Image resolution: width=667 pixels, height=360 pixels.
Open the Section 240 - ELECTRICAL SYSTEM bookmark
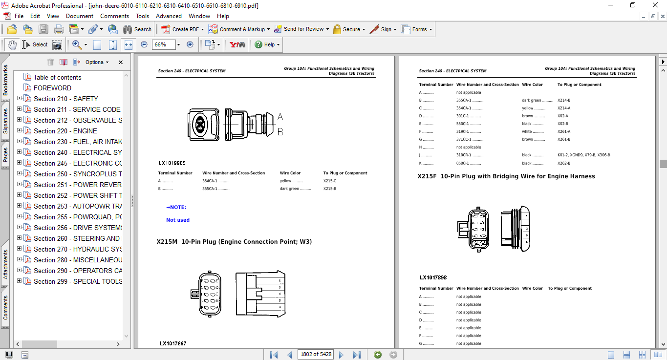pyautogui.click(x=78, y=152)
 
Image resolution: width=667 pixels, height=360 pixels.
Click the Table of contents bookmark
pyautogui.click(x=57, y=77)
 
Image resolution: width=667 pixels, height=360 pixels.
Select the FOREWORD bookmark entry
pyautogui.click(x=52, y=88)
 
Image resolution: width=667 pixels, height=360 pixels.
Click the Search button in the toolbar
pyautogui.click(x=137, y=29)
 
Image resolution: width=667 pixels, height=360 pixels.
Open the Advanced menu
pyautogui.click(x=169, y=16)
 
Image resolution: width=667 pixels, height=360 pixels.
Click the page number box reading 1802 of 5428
pyautogui.click(x=315, y=354)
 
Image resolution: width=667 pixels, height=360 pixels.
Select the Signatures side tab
pyautogui.click(x=5, y=121)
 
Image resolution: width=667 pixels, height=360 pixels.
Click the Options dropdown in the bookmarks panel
pyautogui.click(x=94, y=62)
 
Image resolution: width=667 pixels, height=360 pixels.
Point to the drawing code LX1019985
pyautogui.click(x=172, y=163)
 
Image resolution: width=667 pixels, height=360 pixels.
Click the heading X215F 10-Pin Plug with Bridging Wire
pyautogui.click(x=506, y=176)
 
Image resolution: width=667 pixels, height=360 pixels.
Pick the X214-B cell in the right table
pyautogui.click(x=563, y=100)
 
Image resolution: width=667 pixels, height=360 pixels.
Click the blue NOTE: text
pyautogui.click(x=176, y=208)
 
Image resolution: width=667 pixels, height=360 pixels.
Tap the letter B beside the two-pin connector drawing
pyautogui.click(x=280, y=132)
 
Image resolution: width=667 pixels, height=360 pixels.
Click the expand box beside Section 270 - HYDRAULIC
pyautogui.click(x=20, y=249)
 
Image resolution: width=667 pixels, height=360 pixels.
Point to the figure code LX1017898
pyautogui.click(x=433, y=278)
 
